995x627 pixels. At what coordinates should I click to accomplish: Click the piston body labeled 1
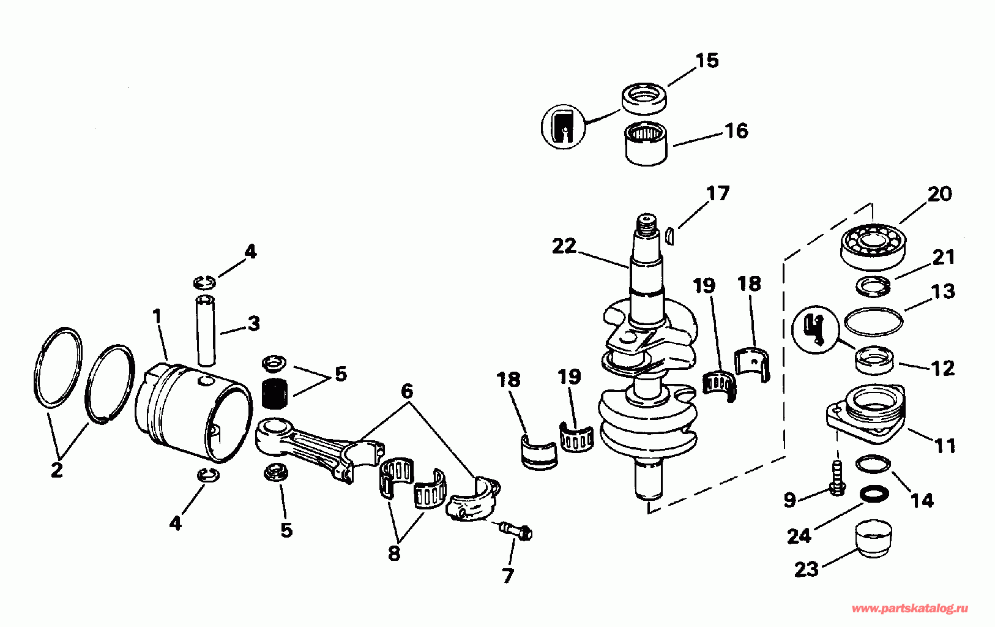tap(193, 413)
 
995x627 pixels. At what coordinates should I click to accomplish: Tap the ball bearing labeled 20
tap(870, 246)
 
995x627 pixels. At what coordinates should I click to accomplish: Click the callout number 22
tap(564, 246)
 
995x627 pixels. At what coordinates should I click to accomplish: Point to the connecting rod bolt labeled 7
tap(515, 531)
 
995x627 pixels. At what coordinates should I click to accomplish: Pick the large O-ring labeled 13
tap(873, 321)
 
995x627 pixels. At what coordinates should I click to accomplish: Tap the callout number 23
tap(806, 569)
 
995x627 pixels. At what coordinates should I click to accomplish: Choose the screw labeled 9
tap(836, 479)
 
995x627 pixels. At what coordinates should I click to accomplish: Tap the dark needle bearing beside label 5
tap(274, 392)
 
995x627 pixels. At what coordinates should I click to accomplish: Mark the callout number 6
tap(407, 391)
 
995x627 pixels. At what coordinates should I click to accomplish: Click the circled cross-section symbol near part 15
tap(562, 127)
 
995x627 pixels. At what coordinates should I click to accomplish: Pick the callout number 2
tap(56, 470)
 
